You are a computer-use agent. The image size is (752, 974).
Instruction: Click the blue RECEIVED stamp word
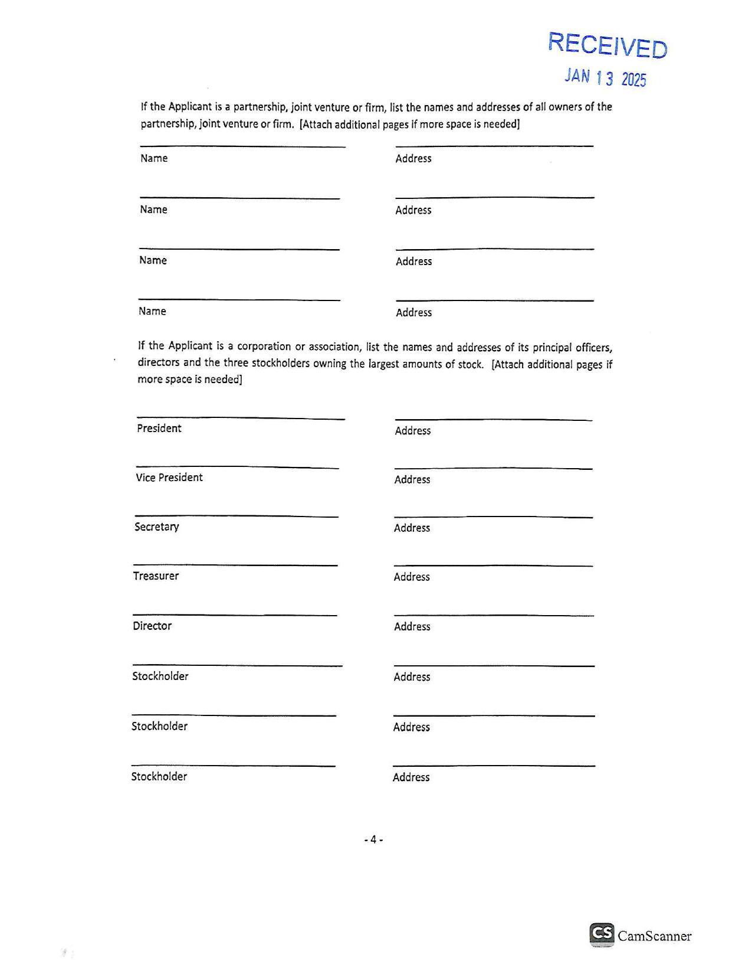click(607, 45)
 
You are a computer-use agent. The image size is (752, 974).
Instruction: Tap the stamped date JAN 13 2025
click(605, 77)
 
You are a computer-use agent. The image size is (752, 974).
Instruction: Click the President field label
click(159, 429)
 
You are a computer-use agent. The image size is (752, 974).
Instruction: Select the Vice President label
click(169, 478)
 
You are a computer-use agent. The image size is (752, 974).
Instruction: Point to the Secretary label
click(156, 527)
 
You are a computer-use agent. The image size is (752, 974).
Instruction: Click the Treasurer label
click(156, 576)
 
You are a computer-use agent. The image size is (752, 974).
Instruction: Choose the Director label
click(152, 626)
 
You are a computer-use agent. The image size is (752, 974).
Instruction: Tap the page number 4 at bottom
click(373, 839)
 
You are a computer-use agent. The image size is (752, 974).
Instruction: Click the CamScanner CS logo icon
click(601, 934)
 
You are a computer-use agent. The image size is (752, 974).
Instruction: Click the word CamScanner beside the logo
click(654, 936)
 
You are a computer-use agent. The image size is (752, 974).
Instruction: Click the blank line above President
click(240, 419)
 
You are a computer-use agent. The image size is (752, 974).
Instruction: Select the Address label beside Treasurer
click(412, 577)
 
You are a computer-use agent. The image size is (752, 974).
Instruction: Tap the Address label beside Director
click(412, 627)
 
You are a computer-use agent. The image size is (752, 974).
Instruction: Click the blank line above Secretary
click(236, 517)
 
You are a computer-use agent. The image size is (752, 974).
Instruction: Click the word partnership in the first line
click(260, 107)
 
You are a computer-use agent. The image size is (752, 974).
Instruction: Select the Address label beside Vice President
click(412, 480)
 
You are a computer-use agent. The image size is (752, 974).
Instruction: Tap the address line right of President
click(493, 420)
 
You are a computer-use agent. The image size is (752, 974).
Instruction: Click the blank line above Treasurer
click(235, 566)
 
